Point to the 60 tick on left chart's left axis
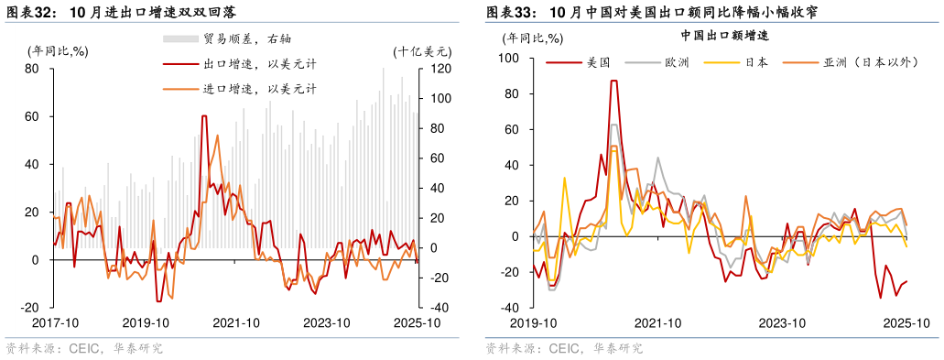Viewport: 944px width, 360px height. tap(31, 116)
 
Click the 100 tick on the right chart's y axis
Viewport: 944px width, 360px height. tap(508, 59)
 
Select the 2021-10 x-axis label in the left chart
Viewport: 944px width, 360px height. tap(237, 322)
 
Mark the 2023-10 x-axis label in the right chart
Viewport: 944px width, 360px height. tap(781, 322)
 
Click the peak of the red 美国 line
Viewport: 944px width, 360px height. tap(613, 81)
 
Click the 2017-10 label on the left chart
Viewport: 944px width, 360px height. tap(54, 322)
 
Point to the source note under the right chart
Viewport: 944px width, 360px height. tap(564, 349)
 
